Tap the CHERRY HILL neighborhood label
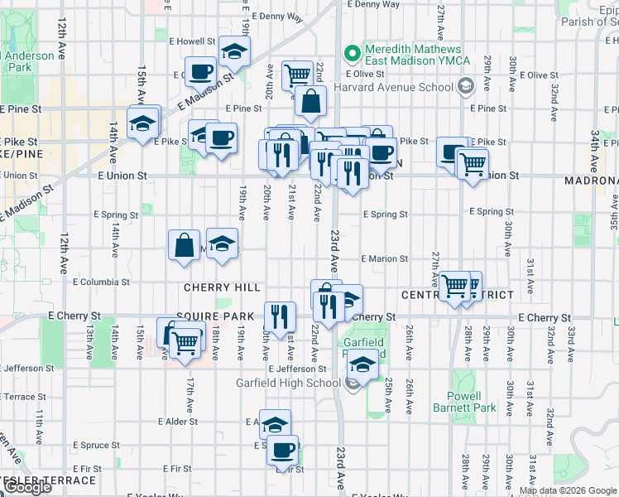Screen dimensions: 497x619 point(222,288)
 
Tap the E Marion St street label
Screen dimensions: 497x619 point(384,259)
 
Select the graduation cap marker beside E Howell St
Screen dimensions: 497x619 point(236,52)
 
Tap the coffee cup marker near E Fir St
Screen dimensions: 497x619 point(283,450)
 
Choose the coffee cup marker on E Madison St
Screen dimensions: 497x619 point(200,71)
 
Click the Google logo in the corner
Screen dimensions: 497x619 point(26,487)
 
